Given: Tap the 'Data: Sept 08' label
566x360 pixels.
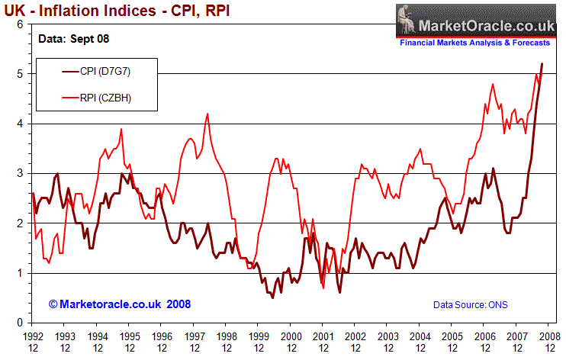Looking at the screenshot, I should tap(72, 37).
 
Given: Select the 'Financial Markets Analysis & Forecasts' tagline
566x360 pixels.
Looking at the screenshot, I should tap(481, 43).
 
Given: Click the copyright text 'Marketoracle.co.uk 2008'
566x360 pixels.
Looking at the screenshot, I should tap(120, 304).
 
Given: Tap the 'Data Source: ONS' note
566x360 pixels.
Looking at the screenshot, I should tap(470, 305).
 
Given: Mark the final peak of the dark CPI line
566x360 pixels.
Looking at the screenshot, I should tap(542, 64).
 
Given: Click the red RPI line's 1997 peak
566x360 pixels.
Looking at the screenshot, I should tap(207, 114).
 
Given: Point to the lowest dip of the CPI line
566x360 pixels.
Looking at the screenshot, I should tap(273, 297).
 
